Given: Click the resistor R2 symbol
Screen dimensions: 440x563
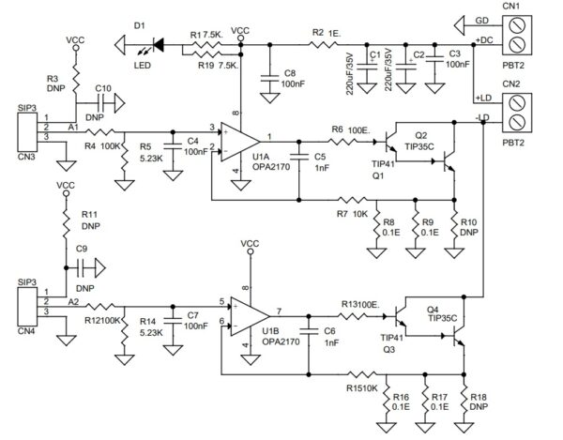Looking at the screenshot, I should tap(327, 43).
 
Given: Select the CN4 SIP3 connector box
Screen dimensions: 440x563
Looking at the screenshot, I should tap(25, 302).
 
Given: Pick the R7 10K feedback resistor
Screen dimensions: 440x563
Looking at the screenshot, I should tap(353, 200).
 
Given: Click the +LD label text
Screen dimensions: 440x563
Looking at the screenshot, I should tap(483, 98).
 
